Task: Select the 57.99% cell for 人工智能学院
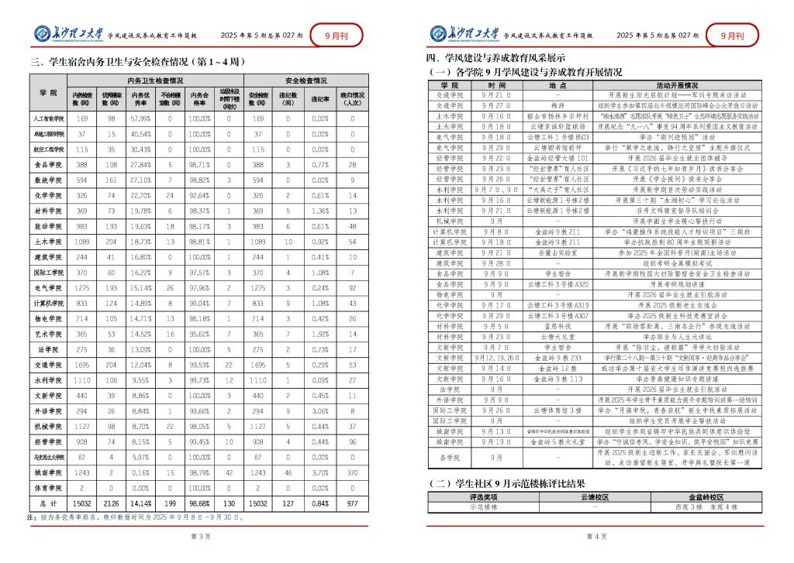click(140, 118)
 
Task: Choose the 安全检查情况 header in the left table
click(306, 80)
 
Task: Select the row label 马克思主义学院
click(48, 456)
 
